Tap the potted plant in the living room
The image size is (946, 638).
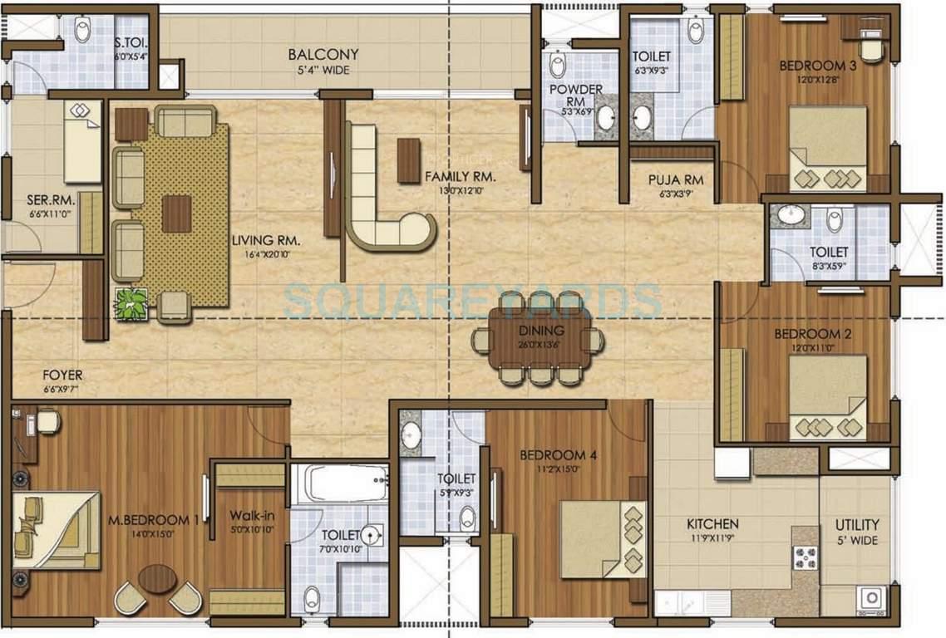tap(131, 304)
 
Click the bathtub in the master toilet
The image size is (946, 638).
tap(339, 483)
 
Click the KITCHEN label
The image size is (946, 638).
tap(712, 524)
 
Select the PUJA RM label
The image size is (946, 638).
tap(676, 179)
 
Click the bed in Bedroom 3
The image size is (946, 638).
tap(827, 148)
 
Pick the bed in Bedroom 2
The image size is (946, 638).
tap(827, 396)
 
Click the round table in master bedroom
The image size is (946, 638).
tap(157, 578)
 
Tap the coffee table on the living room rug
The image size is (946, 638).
tap(176, 213)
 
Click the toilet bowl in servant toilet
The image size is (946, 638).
tap(82, 30)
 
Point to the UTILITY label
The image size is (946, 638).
tap(858, 525)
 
